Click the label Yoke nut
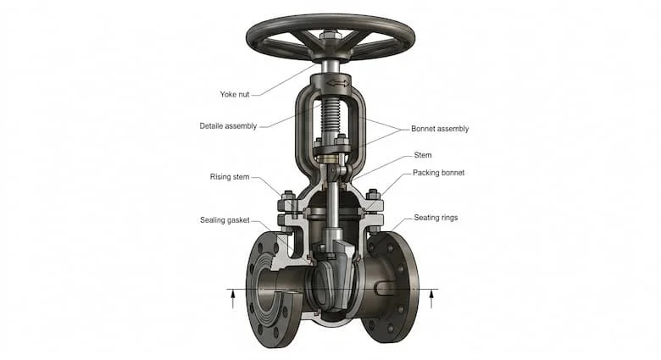(x=235, y=94)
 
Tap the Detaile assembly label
(x=228, y=126)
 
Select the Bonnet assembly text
(x=440, y=129)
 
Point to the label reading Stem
(x=422, y=155)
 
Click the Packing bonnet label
(x=438, y=173)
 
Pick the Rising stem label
(x=230, y=177)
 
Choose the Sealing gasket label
(x=225, y=220)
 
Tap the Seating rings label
(x=436, y=218)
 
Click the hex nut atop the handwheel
(x=330, y=35)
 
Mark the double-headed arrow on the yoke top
(x=338, y=83)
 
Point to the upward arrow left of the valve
(x=233, y=301)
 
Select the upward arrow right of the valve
(x=430, y=300)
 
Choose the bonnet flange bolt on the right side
(x=373, y=212)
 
